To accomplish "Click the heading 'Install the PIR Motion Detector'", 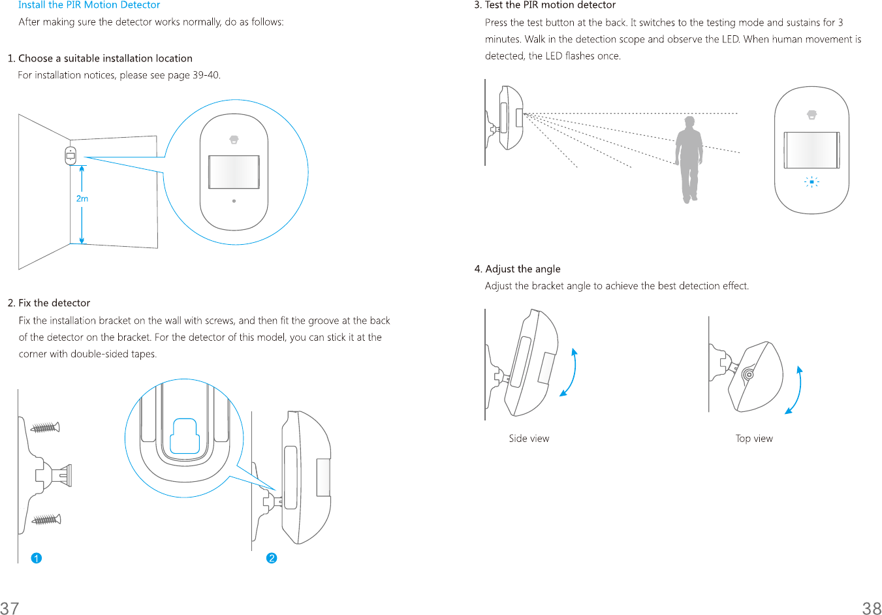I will pyautogui.click(x=89, y=5).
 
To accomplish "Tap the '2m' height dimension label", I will pyautogui.click(x=82, y=198).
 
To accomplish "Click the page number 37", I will pyautogui.click(x=10, y=608).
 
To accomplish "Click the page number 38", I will pyautogui.click(x=872, y=608).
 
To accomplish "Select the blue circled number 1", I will pyautogui.click(x=37, y=558).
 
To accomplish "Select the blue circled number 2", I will pyautogui.click(x=272, y=558).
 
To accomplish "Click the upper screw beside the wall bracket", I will pyautogui.click(x=46, y=428).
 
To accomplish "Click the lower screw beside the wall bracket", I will pyautogui.click(x=46, y=520).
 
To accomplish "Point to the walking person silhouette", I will pyautogui.click(x=689, y=159).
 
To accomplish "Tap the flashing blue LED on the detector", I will pyautogui.click(x=811, y=182).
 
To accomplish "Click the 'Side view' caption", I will pyautogui.click(x=529, y=439).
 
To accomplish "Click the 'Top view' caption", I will pyautogui.click(x=754, y=439).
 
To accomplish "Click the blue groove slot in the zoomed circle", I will pyautogui.click(x=184, y=436).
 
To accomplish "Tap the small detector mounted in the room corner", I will pyautogui.click(x=71, y=156).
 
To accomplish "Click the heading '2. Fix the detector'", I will pyautogui.click(x=49, y=303).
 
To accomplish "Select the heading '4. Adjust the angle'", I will pyautogui.click(x=517, y=269).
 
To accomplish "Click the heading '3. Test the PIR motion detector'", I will pyautogui.click(x=544, y=5).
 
